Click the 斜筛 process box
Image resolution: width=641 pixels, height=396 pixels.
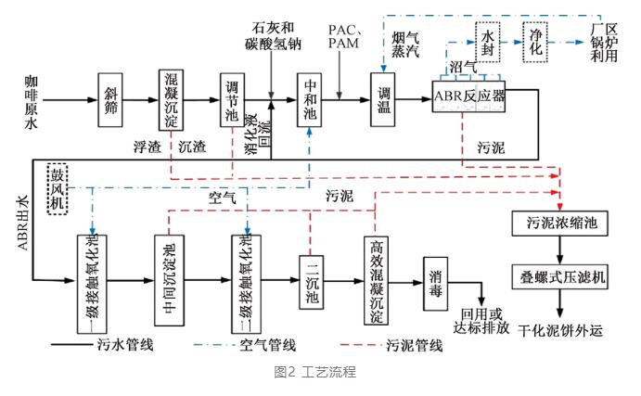click(113, 96)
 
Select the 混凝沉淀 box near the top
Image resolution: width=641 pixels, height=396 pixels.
click(171, 96)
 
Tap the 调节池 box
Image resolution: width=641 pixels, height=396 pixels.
click(233, 96)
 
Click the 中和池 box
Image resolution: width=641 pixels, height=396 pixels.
click(311, 96)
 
